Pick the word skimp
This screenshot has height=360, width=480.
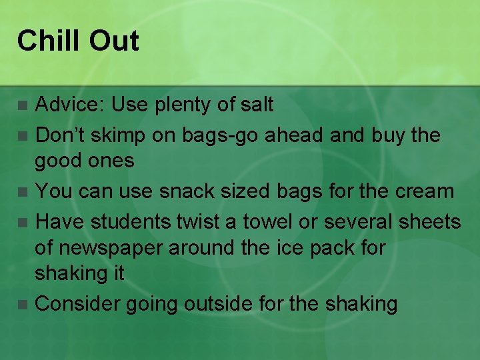[113, 136]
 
